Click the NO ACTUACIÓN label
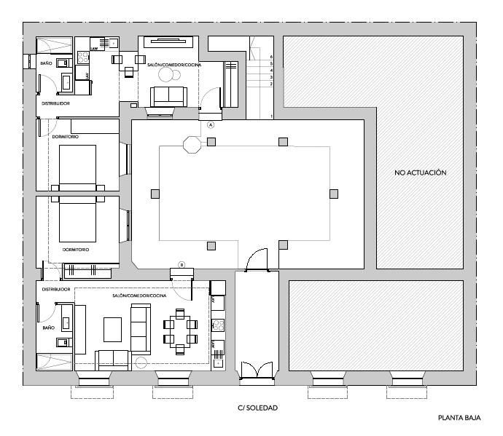click(419, 173)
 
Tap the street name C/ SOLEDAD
click(257, 408)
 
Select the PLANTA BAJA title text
click(459, 419)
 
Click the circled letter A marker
click(211, 125)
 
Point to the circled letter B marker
click(182, 264)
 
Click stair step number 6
click(271, 56)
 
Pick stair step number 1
click(271, 116)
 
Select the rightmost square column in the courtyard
click(334, 194)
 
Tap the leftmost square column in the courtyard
click(155, 194)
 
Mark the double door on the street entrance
click(257, 369)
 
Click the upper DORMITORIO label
click(66, 137)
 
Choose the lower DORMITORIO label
click(75, 250)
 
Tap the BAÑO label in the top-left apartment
click(46, 63)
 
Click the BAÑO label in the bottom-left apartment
click(49, 328)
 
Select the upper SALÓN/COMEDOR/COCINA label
click(174, 65)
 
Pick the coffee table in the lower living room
click(112, 329)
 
